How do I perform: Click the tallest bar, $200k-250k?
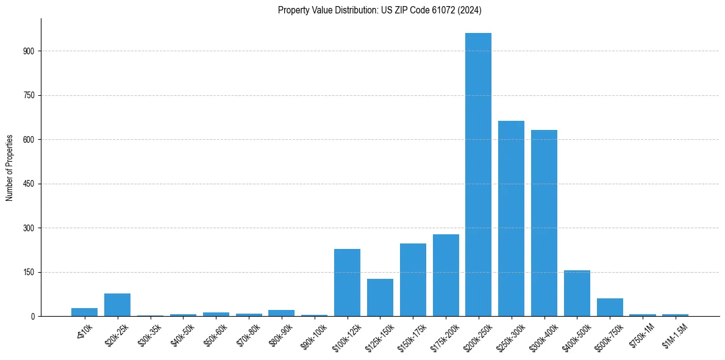click(x=478, y=175)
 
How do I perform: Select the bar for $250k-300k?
click(x=511, y=218)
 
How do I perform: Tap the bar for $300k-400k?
click(x=544, y=223)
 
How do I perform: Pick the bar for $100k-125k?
click(x=347, y=283)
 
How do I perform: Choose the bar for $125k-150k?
click(x=380, y=298)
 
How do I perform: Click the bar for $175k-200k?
click(x=446, y=275)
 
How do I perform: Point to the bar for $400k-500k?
click(x=577, y=293)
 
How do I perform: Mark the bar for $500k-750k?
click(x=610, y=308)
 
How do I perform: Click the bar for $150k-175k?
click(x=413, y=280)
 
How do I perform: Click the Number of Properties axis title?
click(x=9, y=167)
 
